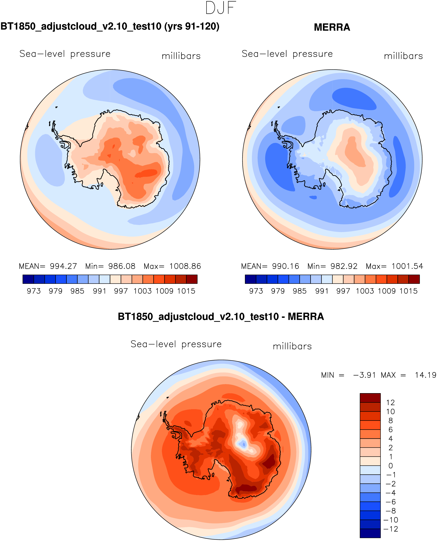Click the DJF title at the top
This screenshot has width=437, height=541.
tap(221, 8)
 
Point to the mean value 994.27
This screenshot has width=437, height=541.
tap(63, 266)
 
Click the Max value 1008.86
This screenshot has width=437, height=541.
tap(185, 266)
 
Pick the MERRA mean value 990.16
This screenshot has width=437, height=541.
tap(286, 266)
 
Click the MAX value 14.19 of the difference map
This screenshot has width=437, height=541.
tap(425, 375)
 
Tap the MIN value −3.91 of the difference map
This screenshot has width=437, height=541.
tap(364, 375)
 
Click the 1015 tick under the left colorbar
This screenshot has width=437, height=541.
tap(186, 291)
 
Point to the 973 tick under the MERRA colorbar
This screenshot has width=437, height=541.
tap(256, 291)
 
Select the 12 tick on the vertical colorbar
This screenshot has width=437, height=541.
tap(390, 403)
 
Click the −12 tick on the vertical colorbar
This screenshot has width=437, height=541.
tap(390, 529)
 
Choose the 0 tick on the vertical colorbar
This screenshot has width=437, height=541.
tap(390, 466)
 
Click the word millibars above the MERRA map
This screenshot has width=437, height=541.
tap(403, 56)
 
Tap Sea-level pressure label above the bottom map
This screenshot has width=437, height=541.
tap(176, 344)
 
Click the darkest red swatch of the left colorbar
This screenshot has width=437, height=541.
tap(192, 279)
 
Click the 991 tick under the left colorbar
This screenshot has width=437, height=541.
tap(99, 291)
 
